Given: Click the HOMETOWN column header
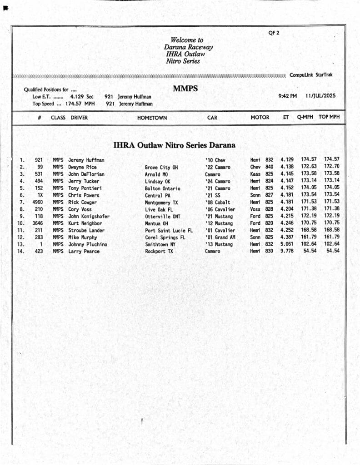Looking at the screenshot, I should (152, 118).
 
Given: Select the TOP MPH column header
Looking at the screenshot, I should (329, 117).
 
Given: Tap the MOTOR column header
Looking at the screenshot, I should (260, 117).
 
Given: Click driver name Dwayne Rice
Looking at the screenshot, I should (82, 167).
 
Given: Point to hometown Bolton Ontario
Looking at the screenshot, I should (162, 188).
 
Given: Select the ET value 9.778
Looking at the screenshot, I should (287, 251).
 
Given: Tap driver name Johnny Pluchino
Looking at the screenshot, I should (88, 244).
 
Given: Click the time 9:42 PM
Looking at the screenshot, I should (287, 96).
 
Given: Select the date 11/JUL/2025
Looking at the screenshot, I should (320, 96).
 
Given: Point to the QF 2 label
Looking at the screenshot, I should (273, 33).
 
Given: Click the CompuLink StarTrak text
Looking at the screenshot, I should (311, 75).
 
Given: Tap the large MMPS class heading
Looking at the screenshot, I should (185, 89).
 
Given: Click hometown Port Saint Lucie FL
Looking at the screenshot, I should (169, 230).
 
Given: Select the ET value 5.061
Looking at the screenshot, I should (287, 244).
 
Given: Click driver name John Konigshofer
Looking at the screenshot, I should (89, 216).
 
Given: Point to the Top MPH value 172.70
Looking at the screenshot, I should (331, 167).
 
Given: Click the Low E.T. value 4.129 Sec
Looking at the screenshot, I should (82, 97).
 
